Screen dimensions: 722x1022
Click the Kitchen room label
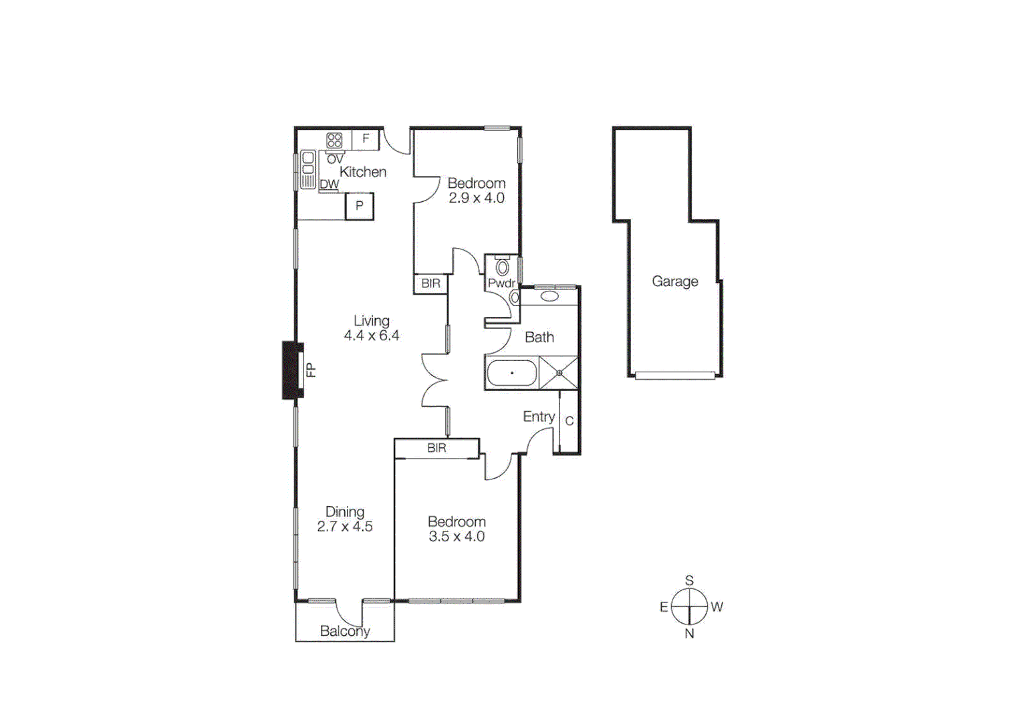click(x=363, y=172)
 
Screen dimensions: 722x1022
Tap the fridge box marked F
click(x=366, y=139)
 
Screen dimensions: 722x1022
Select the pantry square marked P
click(x=360, y=206)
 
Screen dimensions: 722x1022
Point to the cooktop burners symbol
click(x=334, y=140)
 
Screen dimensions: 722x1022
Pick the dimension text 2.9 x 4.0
click(x=477, y=198)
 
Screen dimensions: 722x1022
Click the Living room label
click(x=372, y=321)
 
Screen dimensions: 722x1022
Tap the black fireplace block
click(x=292, y=370)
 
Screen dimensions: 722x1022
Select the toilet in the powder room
click(x=503, y=268)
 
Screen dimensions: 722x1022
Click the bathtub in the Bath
click(x=512, y=373)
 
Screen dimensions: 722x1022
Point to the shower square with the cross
click(x=559, y=373)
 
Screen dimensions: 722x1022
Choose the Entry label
click(x=539, y=416)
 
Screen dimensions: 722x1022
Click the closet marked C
click(x=569, y=421)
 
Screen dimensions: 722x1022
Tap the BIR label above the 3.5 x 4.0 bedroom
click(x=436, y=448)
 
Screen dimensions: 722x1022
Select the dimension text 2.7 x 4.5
click(x=345, y=527)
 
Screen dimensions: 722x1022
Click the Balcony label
click(x=345, y=631)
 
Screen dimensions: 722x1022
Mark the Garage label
click(x=675, y=281)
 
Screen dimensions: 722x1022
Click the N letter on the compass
click(x=689, y=633)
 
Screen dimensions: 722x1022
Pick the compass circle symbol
click(x=689, y=606)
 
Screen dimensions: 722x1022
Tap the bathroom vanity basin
click(x=549, y=296)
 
